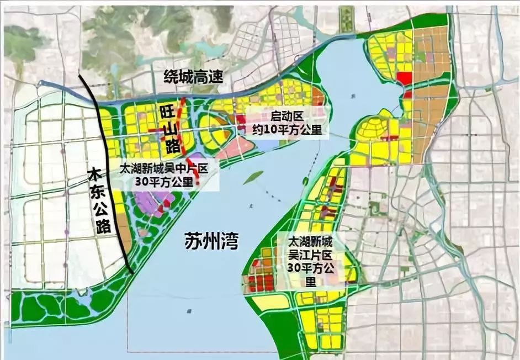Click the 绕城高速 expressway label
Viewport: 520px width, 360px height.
click(193, 77)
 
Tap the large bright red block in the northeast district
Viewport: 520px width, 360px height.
click(404, 78)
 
